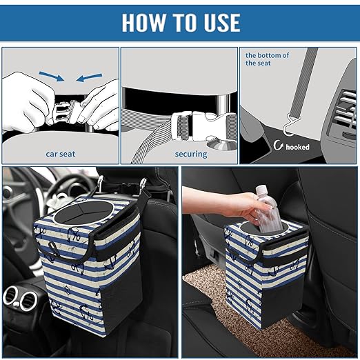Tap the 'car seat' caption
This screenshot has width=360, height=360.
click(60, 154)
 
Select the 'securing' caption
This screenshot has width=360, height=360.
click(190, 154)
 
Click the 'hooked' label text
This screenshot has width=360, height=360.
click(297, 146)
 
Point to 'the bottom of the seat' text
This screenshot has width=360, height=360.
click(268, 59)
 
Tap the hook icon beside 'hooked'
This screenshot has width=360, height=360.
click(278, 146)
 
